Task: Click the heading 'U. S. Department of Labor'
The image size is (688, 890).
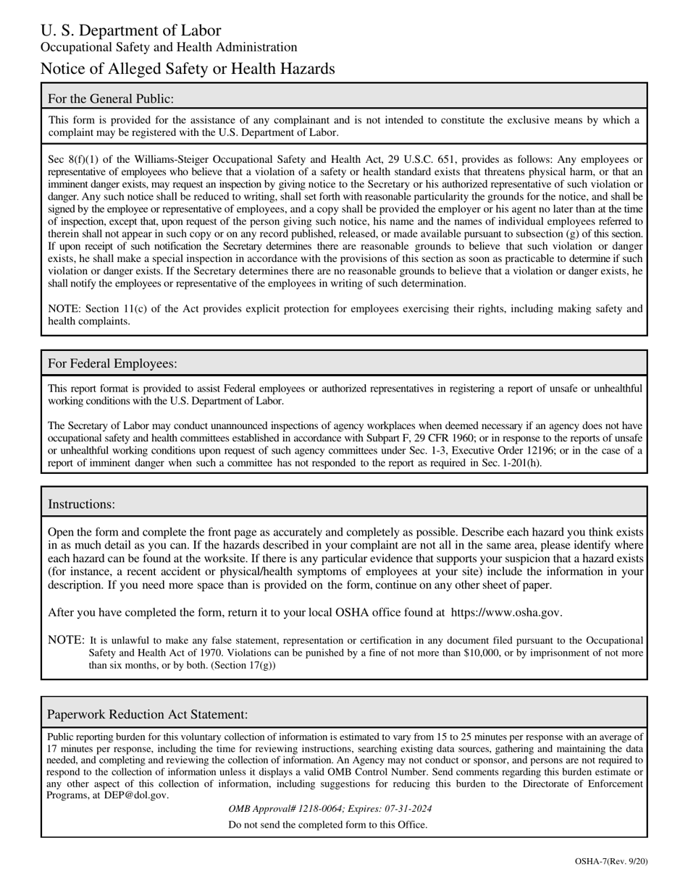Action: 130,30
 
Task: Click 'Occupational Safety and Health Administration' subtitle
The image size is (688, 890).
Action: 169,47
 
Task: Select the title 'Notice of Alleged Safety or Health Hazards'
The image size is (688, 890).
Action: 188,69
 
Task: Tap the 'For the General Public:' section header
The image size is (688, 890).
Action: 111,98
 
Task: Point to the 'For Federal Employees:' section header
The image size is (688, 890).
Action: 112,363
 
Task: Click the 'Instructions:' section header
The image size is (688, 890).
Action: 81,504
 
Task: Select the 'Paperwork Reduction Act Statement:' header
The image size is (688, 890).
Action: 148,714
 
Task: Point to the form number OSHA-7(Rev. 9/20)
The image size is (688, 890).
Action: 611,861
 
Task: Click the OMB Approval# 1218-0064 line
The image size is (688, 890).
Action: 330,809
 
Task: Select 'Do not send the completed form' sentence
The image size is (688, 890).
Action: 327,824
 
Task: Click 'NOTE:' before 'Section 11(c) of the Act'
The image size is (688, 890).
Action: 64,309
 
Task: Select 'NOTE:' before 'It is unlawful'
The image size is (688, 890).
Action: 66,640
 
